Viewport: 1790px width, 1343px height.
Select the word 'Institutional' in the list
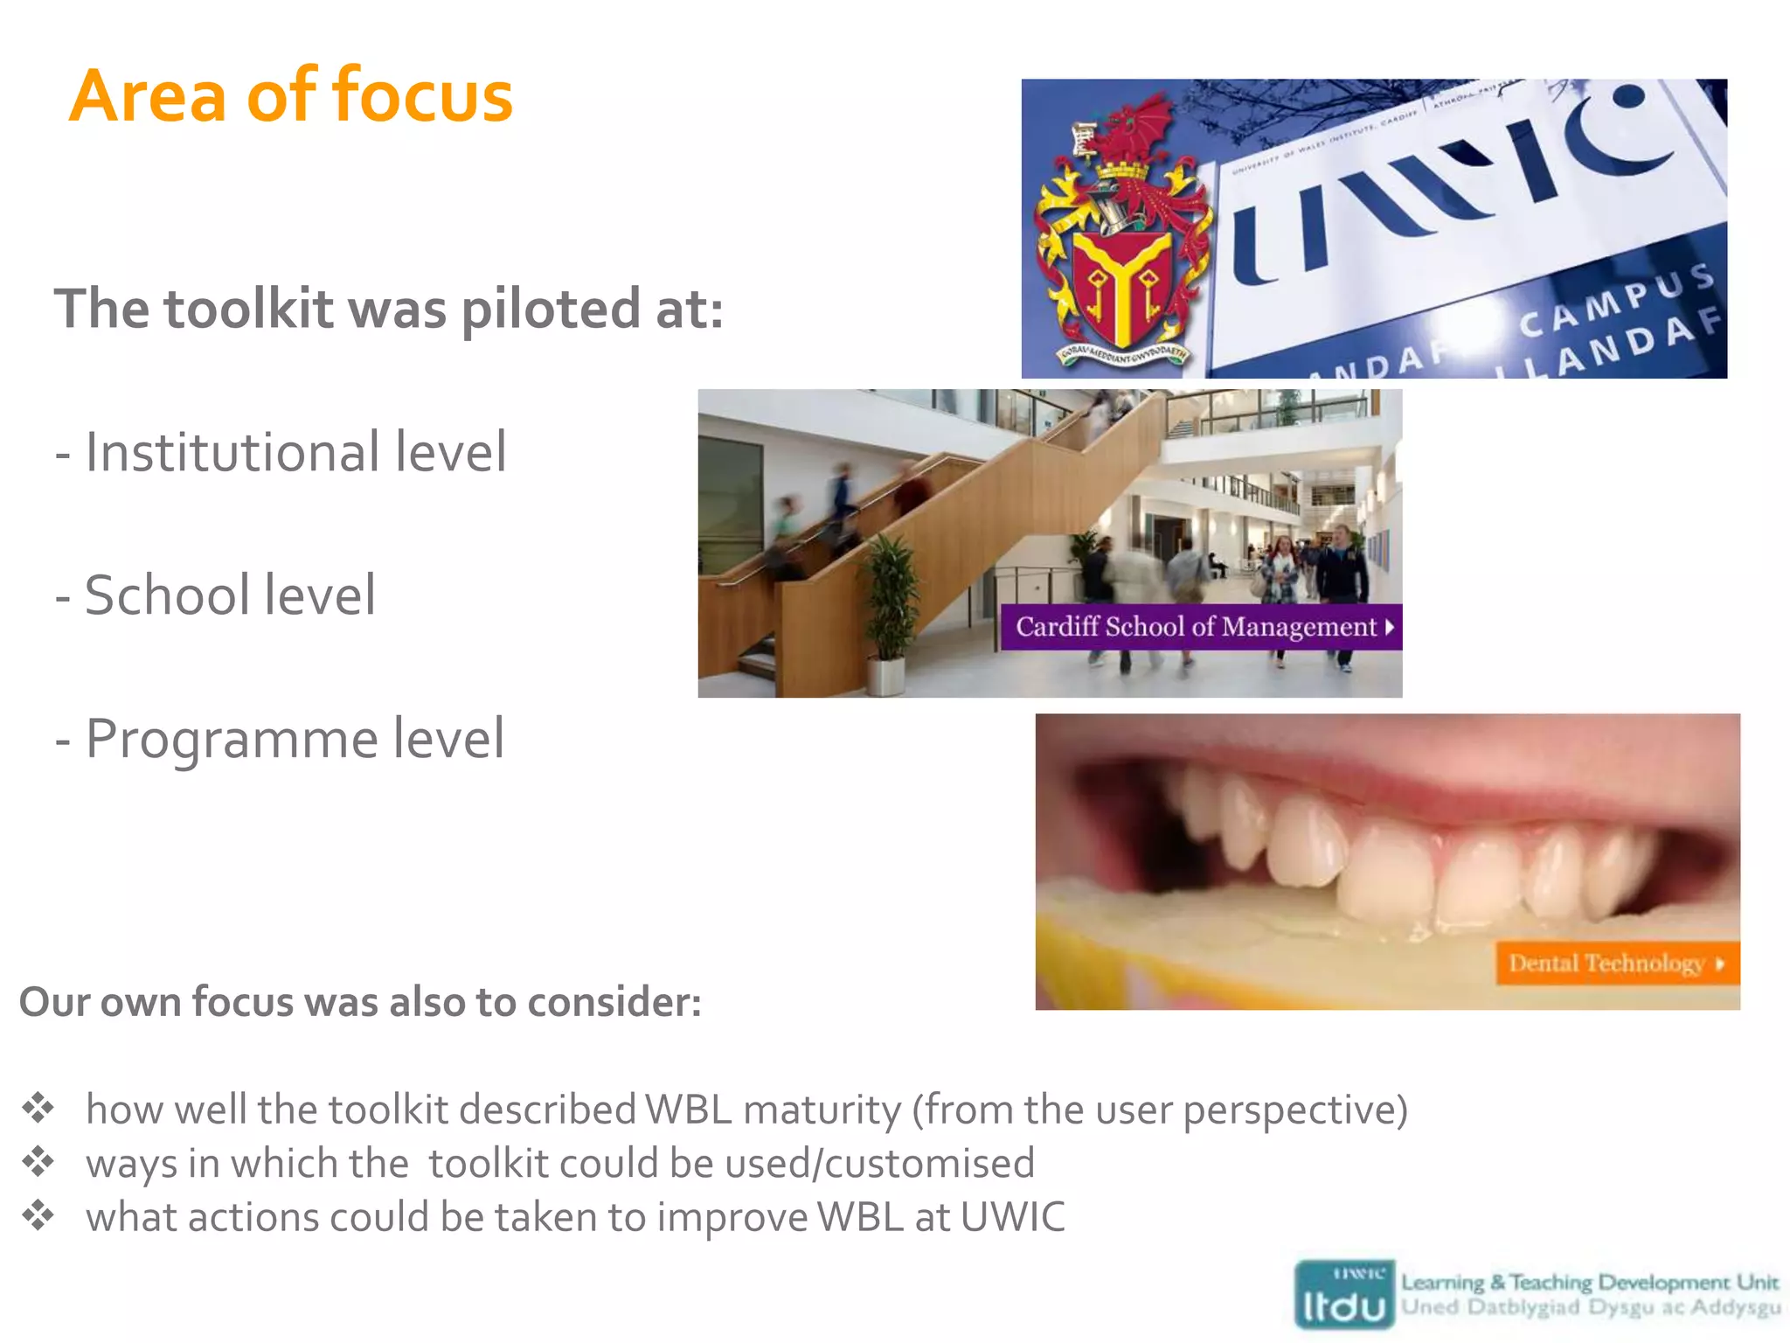click(x=232, y=453)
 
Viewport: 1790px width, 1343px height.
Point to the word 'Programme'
click(x=231, y=740)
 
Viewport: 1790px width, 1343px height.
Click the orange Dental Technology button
click(x=1616, y=964)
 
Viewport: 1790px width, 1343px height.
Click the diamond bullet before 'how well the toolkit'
click(x=38, y=1109)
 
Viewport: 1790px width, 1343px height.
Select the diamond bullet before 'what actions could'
click(x=38, y=1216)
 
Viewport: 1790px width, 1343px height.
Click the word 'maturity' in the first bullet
click(x=822, y=1110)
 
